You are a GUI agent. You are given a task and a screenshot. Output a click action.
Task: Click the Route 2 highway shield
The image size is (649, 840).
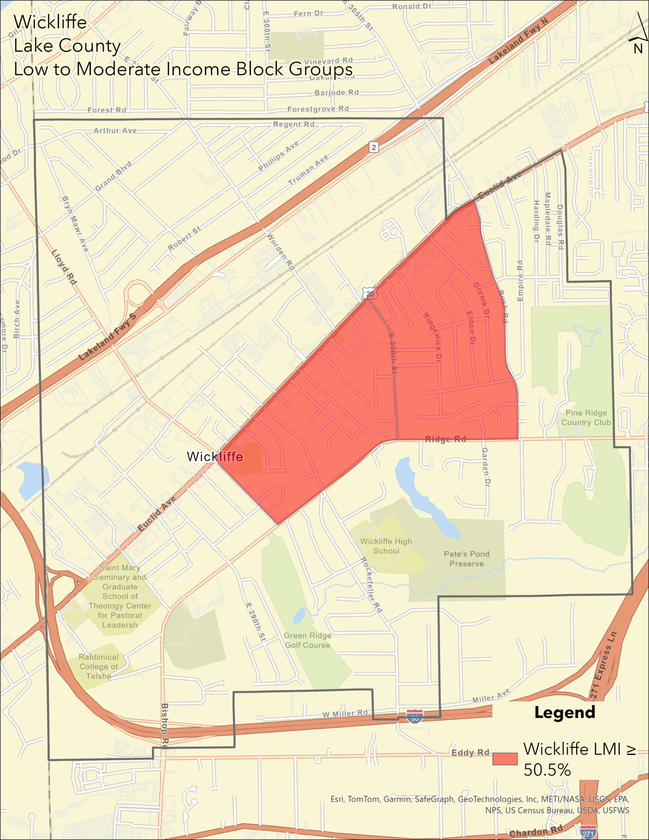(373, 147)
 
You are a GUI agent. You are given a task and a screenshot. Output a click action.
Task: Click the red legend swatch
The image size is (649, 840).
(505, 759)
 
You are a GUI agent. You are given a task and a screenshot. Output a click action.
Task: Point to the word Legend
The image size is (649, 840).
(564, 712)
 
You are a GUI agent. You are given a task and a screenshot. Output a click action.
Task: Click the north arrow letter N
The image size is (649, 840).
(638, 49)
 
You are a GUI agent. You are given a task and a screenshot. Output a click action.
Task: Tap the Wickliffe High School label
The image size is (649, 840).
(386, 546)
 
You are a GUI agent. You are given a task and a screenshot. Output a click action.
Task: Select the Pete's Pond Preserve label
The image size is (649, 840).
(466, 559)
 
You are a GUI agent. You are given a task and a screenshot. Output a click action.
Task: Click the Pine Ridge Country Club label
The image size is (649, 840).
(586, 417)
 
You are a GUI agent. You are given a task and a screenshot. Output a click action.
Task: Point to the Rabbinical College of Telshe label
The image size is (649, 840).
(98, 666)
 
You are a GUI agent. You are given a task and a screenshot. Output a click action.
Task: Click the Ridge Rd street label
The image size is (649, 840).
(445, 439)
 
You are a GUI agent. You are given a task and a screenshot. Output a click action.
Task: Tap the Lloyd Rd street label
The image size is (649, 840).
(64, 267)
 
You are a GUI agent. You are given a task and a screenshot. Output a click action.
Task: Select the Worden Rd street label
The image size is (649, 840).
(281, 252)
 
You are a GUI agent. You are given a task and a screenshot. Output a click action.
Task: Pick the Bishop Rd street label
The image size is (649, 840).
(165, 726)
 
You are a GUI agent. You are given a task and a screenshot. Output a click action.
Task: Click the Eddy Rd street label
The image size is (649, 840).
(470, 753)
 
